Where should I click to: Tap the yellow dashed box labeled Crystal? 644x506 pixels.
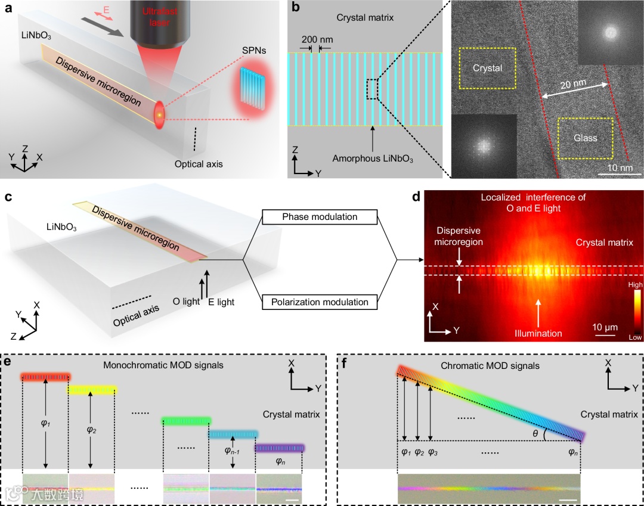coord(488,68)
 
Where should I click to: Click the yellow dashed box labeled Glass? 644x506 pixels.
coord(585,138)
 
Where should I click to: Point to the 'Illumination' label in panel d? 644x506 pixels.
coord(539,333)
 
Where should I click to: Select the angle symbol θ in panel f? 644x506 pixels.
coord(535,434)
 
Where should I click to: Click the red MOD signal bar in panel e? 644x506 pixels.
coord(46,377)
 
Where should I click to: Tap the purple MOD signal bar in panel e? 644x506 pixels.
coord(280,448)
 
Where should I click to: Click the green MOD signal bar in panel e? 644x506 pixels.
coord(186,421)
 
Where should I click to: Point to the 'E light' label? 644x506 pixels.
coord(221,302)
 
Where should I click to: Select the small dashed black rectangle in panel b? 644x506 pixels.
coord(372,89)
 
